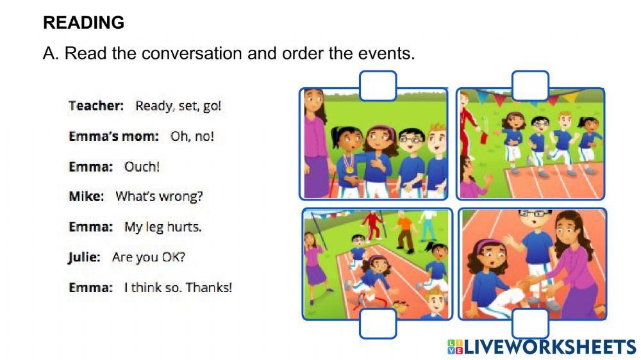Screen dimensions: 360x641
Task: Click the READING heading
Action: pyautogui.click(x=83, y=23)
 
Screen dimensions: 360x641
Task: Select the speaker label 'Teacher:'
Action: pyautogui.click(x=96, y=106)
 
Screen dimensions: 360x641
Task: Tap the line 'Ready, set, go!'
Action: pyautogui.click(x=178, y=106)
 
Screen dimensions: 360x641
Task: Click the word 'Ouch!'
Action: pyautogui.click(x=142, y=167)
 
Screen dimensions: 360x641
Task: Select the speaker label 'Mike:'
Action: pyautogui.click(x=86, y=197)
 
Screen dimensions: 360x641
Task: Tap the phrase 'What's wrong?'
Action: pyautogui.click(x=158, y=197)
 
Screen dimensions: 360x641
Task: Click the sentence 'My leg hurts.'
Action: pyautogui.click(x=163, y=227)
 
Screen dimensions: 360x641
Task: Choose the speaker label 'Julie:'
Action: pyautogui.click(x=84, y=258)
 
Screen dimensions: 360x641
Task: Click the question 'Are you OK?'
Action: pyautogui.click(x=149, y=258)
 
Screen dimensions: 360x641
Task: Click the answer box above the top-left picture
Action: pyautogui.click(x=378, y=86)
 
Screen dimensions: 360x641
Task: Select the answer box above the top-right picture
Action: pyautogui.click(x=530, y=86)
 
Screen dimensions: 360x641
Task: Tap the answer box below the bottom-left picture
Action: pyautogui.click(x=378, y=323)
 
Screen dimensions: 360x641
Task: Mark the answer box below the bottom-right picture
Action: pyautogui.click(x=530, y=323)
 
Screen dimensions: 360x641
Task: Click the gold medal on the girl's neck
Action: pyautogui.click(x=349, y=170)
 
